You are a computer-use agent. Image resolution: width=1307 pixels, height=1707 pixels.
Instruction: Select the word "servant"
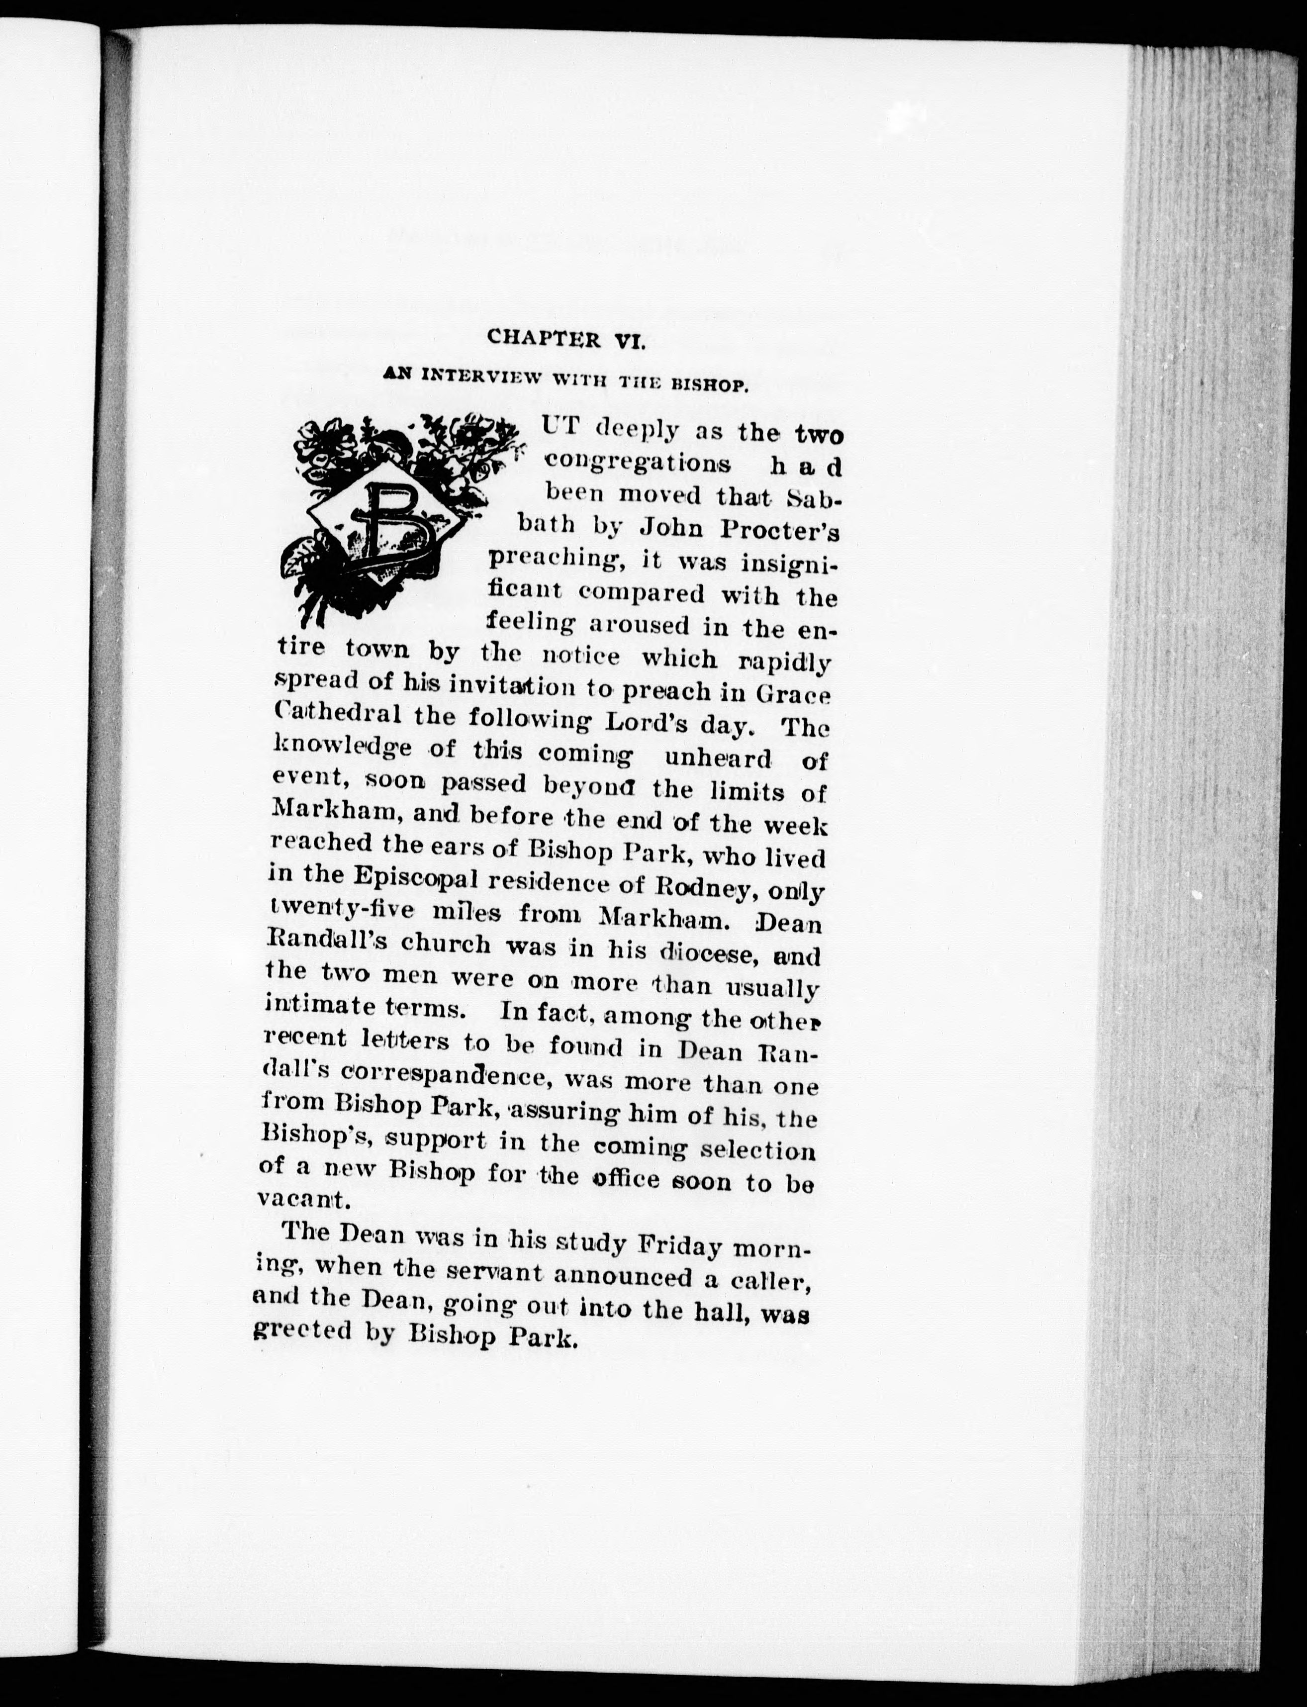pyautogui.click(x=512, y=1275)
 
